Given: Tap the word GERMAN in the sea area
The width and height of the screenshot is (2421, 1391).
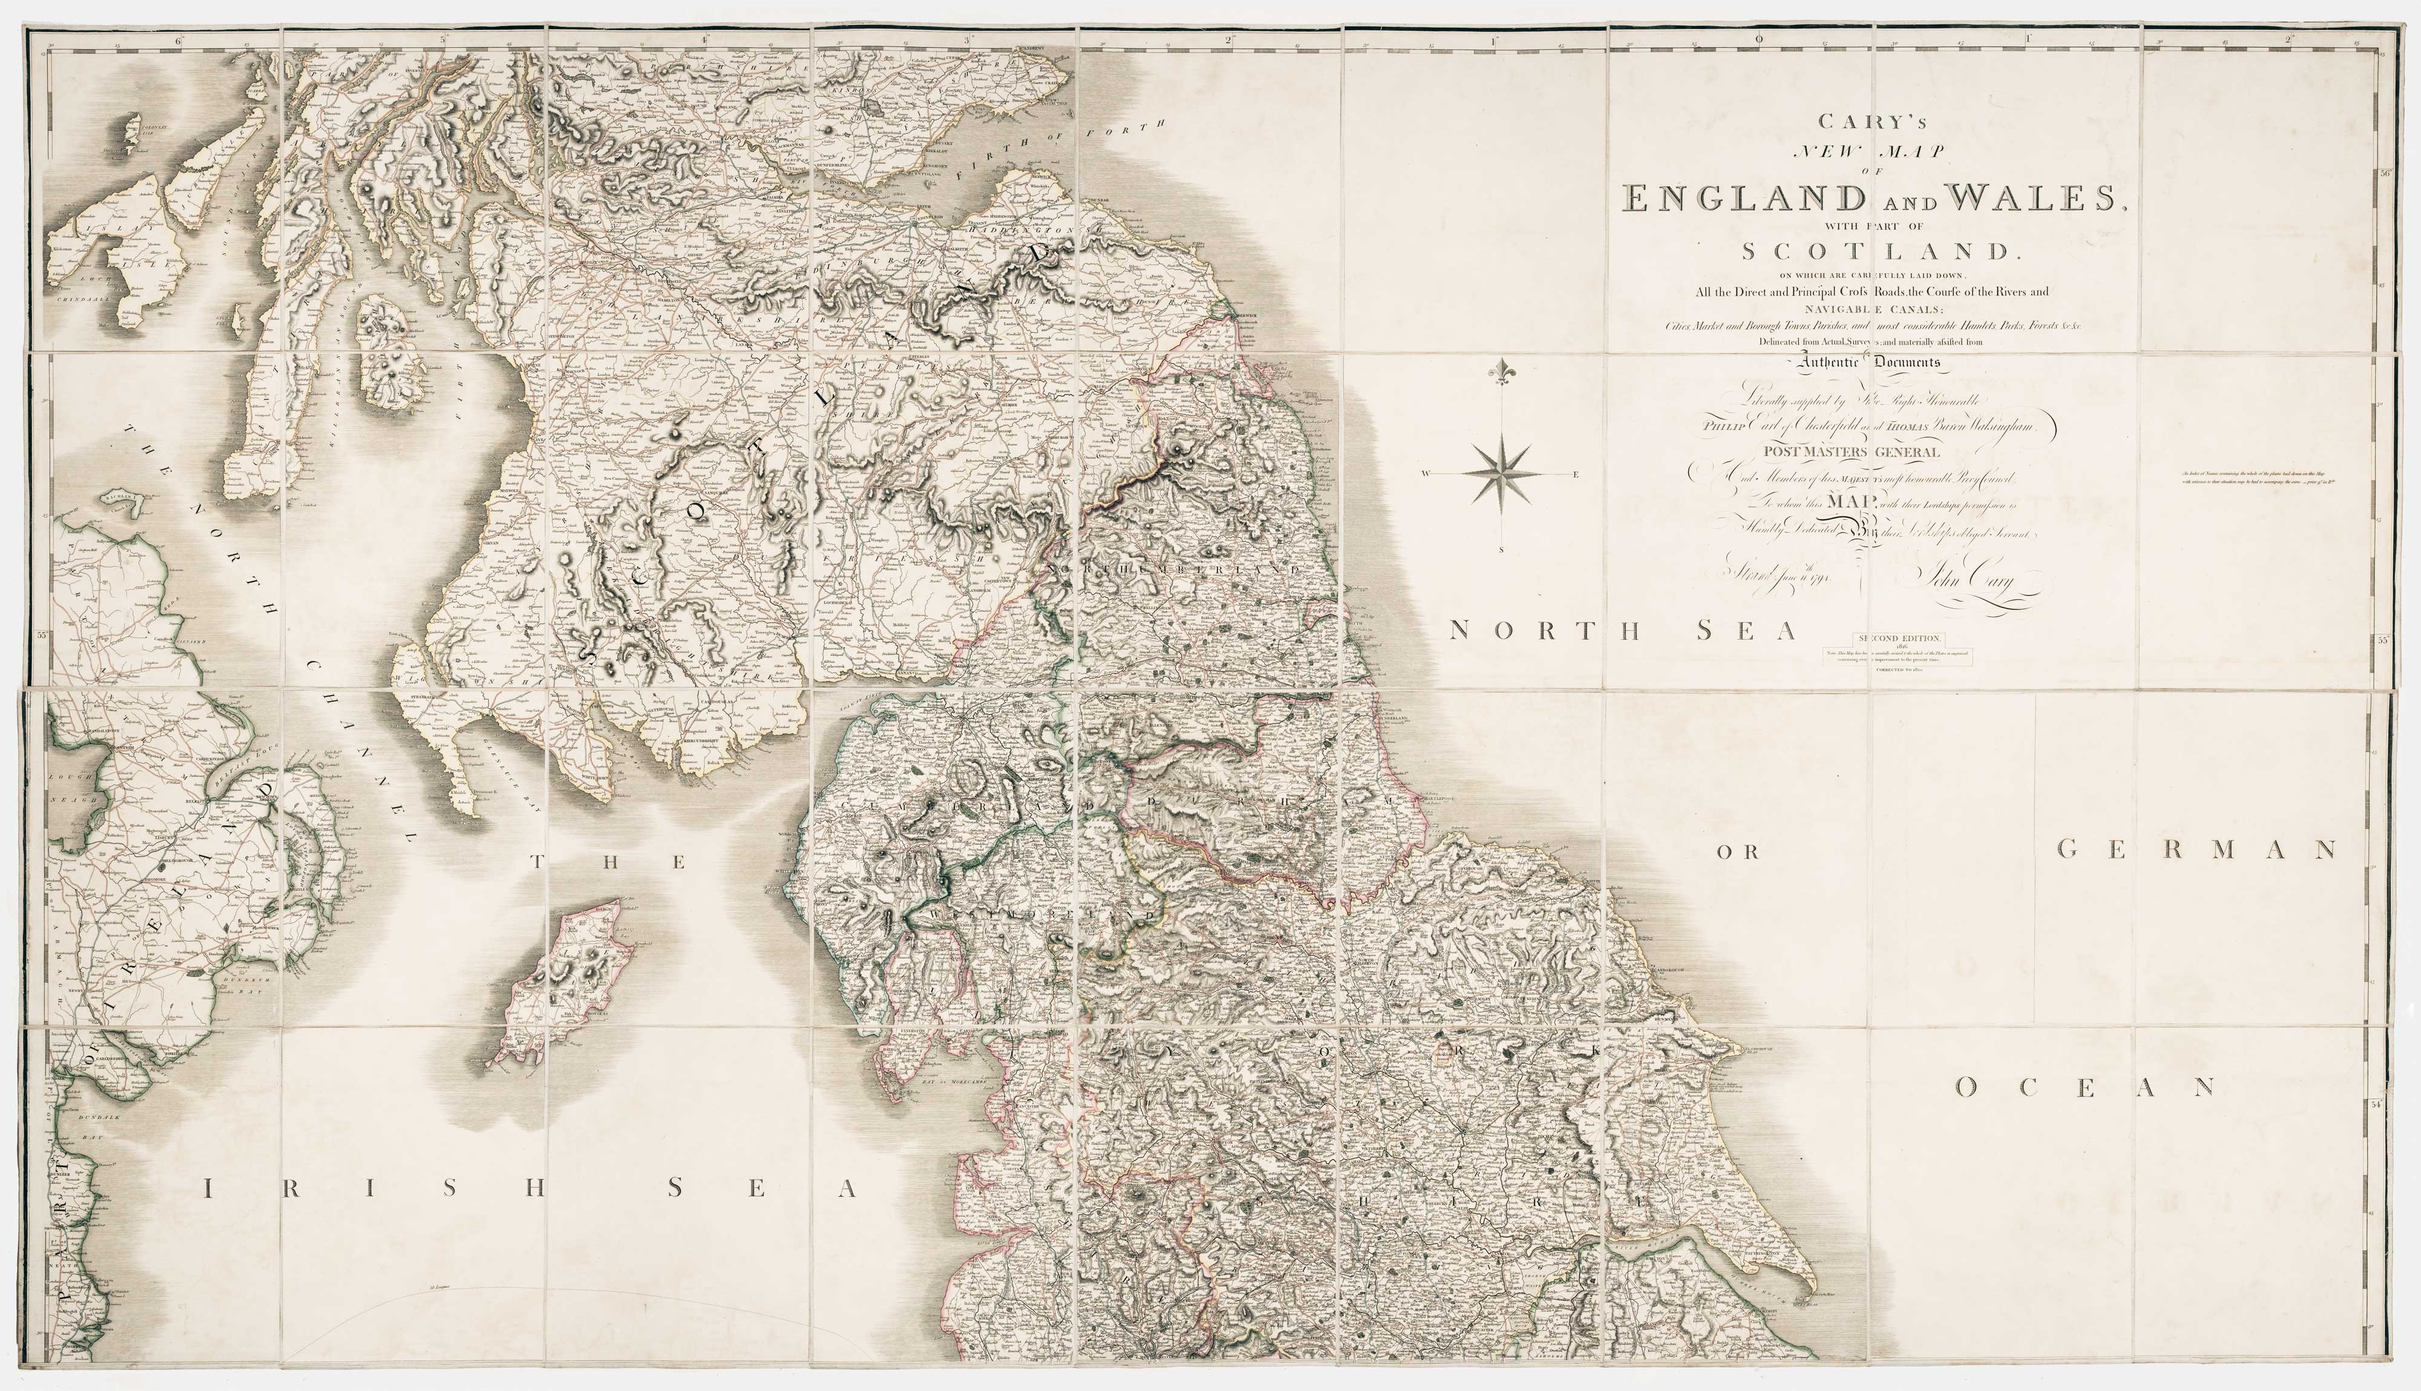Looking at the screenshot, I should click(2197, 849).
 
